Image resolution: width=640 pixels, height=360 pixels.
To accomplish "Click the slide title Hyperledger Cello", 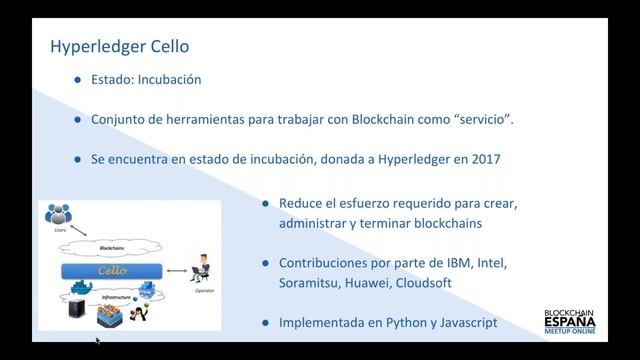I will (119, 46).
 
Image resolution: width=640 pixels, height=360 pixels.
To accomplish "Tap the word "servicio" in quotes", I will (485, 118).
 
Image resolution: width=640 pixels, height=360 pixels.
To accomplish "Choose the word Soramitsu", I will (309, 283).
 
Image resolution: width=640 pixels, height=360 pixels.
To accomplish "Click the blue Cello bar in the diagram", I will (111, 271).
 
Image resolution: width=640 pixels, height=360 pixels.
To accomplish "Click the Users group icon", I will (61, 214).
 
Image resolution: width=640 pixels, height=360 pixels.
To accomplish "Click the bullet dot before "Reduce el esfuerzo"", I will (265, 203).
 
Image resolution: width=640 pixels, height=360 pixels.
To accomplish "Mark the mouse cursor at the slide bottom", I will (97, 340).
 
